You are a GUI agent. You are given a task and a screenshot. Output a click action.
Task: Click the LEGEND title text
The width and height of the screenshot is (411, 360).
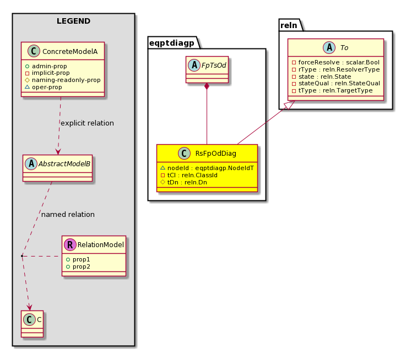coord(73,21)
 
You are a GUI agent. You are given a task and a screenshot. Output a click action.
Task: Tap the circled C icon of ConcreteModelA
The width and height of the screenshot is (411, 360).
coord(34,51)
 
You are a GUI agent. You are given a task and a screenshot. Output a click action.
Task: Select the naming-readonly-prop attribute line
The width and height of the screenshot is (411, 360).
coord(63,80)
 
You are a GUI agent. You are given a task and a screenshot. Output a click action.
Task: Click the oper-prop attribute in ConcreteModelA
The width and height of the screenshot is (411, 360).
coord(44,87)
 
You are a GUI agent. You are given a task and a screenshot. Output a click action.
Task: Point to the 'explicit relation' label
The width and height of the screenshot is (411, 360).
coord(87,123)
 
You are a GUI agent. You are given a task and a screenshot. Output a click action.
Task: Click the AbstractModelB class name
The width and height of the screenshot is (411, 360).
coord(64,164)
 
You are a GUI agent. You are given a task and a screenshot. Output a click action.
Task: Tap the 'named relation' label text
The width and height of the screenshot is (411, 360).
coord(68,215)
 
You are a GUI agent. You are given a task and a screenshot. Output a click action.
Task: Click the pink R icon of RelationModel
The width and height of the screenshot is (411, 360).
coord(70,244)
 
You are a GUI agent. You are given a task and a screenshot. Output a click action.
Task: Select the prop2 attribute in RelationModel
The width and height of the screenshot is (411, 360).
coord(78,266)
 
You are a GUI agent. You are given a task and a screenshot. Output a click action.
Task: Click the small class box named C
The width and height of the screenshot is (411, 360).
coord(33,324)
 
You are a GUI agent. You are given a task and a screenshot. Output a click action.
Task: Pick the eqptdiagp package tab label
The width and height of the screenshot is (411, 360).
coord(172,43)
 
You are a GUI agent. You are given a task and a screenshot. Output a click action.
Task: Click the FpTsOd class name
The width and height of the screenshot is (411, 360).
coord(214,65)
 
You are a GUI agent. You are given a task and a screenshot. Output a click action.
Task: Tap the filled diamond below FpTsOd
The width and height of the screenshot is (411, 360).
coord(207,86)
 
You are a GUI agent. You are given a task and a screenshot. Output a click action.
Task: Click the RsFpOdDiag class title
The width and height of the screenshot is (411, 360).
coord(216,154)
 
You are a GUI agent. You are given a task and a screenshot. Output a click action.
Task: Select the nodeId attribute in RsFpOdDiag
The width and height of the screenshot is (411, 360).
coord(207,168)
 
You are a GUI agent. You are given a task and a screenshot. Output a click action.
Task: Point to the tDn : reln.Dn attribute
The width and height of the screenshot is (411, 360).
coord(184,182)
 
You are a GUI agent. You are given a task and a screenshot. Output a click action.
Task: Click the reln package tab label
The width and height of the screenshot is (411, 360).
coord(289,25)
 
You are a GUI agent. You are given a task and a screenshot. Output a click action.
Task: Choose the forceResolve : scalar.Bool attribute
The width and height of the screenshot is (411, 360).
coord(336,62)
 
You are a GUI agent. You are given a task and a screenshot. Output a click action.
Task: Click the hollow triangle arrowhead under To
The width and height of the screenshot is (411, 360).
coord(290,105)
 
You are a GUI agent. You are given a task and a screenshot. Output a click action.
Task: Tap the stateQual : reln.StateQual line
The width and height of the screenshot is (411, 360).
coord(336,83)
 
